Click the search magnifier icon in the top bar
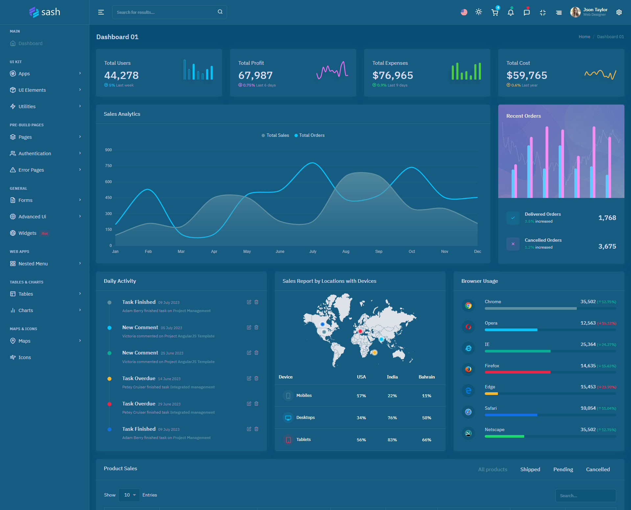pos(220,12)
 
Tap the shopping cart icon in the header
pos(495,12)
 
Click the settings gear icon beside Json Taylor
pos(619,12)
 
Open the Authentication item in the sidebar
pos(35,154)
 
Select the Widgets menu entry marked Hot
pos(28,233)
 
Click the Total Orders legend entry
pos(309,135)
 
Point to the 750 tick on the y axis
pos(108,166)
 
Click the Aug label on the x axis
pos(346,252)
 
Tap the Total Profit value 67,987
pos(255,76)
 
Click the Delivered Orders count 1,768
pos(607,218)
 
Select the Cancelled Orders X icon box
pos(513,244)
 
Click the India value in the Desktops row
pos(392,418)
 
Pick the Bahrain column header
pos(427,377)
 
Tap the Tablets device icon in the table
pos(288,440)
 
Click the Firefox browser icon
pos(468,369)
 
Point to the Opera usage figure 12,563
pos(588,323)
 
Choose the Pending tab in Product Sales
pos(563,470)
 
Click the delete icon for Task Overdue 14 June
pos(256,378)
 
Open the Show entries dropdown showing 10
pos(129,495)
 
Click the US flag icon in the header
pos(464,12)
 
